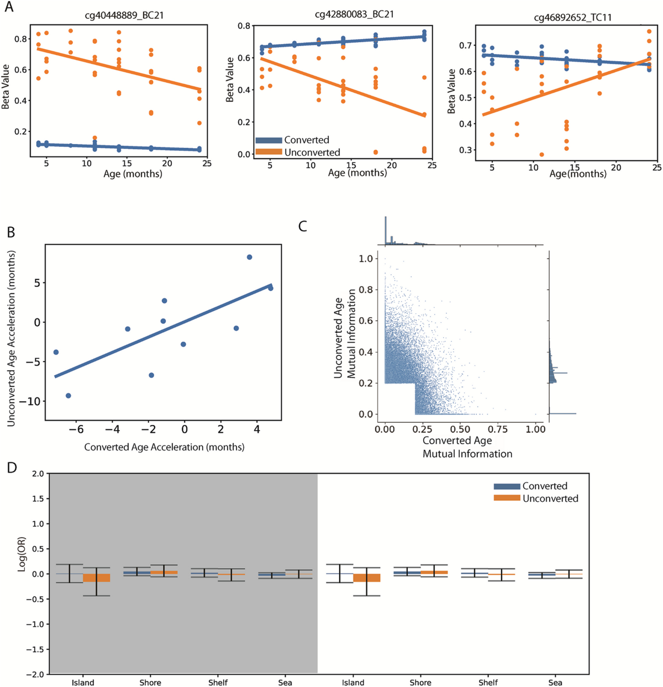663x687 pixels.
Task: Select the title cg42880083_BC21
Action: point(354,14)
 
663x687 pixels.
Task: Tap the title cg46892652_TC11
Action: point(572,18)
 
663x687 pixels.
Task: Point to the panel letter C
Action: point(302,226)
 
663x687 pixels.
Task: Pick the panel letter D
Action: point(12,468)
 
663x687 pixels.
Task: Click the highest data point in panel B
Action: point(249,257)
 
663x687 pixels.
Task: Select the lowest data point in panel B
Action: point(69,396)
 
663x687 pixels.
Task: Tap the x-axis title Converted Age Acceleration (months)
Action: point(164,447)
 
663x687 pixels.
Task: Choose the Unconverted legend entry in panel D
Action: point(550,499)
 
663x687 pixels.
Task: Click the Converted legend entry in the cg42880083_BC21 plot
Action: point(306,140)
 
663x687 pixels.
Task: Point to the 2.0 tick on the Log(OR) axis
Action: point(38,474)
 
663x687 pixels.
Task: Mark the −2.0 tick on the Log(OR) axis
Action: point(35,674)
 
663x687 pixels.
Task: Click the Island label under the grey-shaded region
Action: point(83,683)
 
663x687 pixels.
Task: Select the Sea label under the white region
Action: point(555,683)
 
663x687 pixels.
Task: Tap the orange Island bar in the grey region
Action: point(96,578)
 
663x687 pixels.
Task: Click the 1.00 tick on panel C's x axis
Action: point(535,429)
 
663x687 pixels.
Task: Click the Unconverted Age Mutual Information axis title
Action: point(345,337)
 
